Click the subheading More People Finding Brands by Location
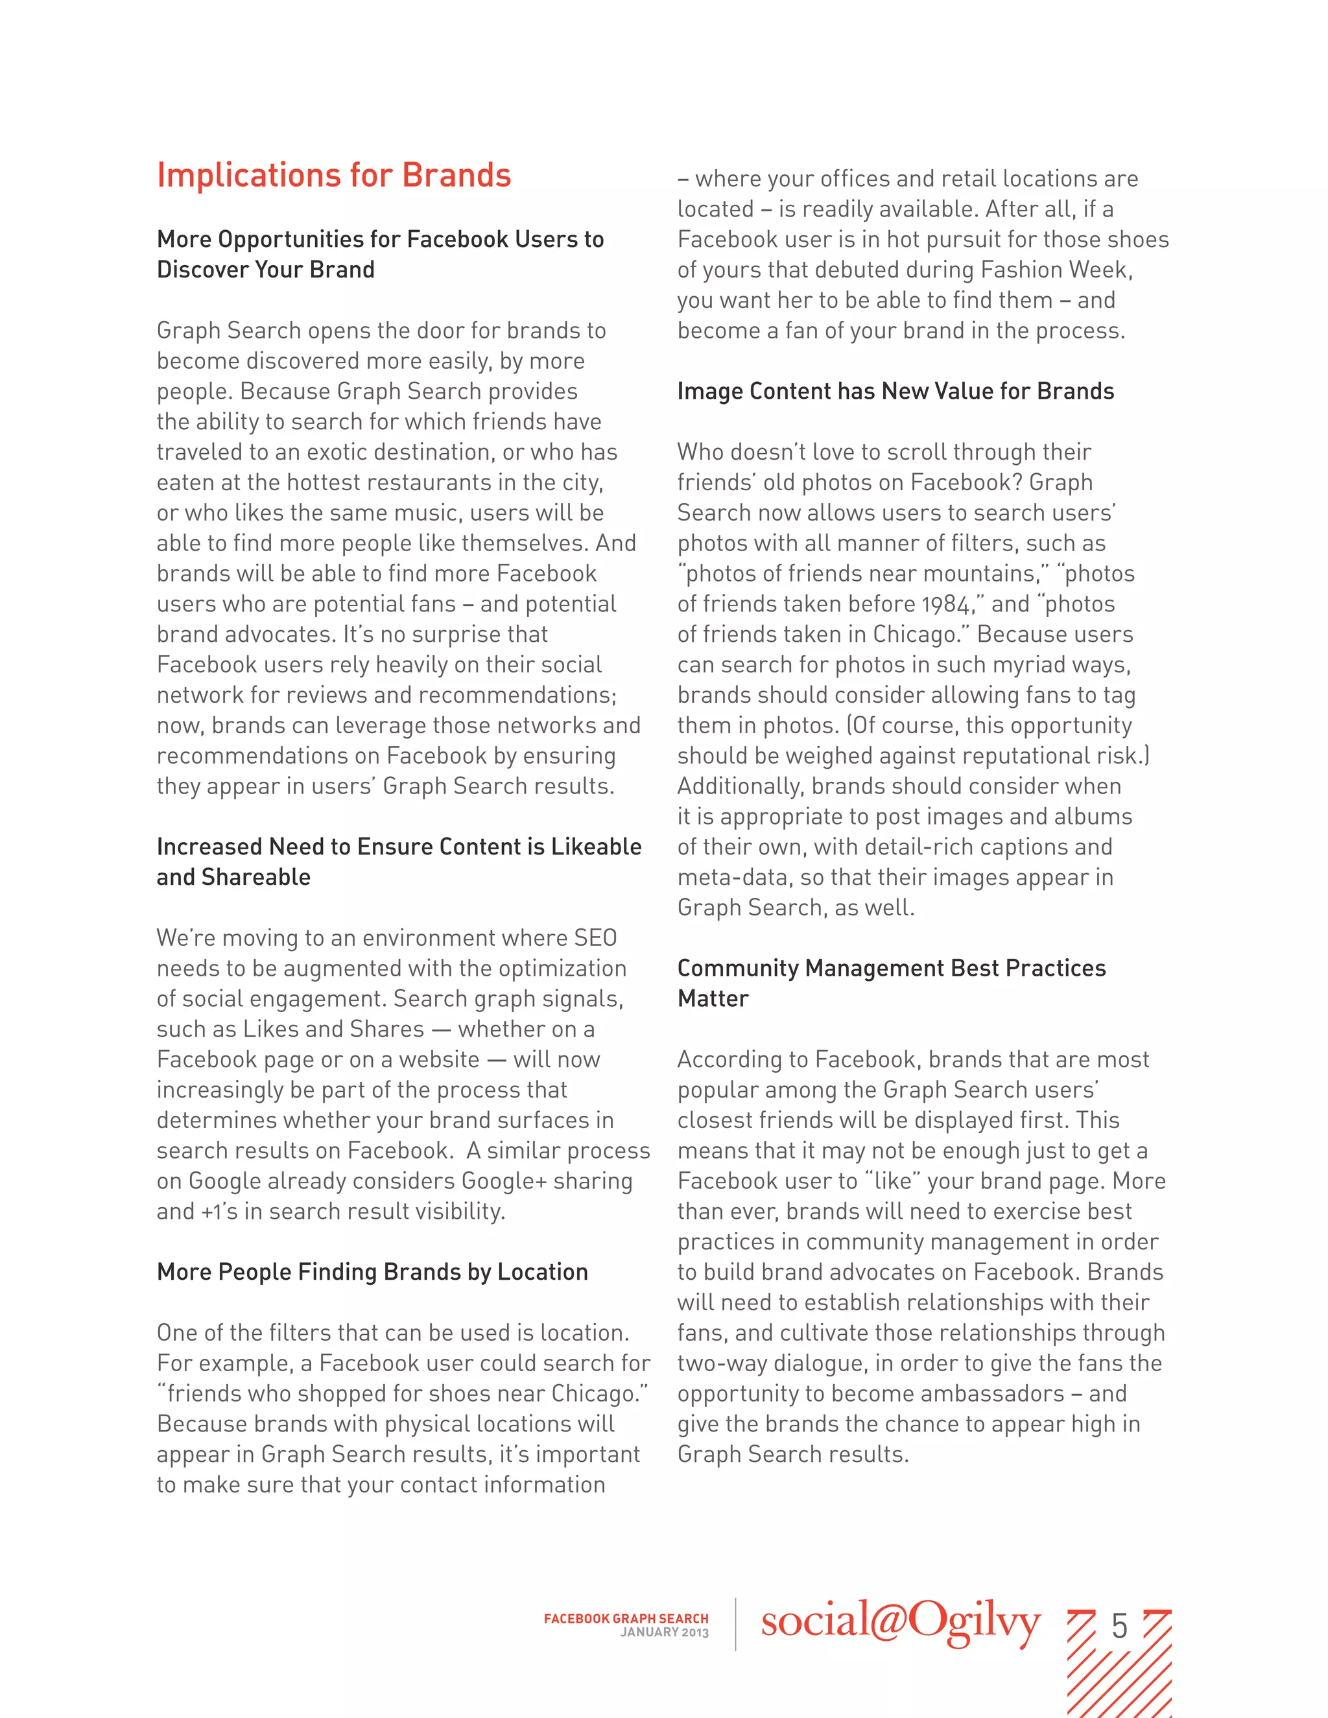point(372,1272)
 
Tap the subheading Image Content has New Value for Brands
point(895,391)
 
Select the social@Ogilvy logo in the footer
point(901,1623)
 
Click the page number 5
point(1119,1626)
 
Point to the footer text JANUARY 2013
point(664,1633)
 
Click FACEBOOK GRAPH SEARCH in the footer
point(626,1619)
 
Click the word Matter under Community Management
point(713,999)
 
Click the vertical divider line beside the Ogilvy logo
point(735,1623)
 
